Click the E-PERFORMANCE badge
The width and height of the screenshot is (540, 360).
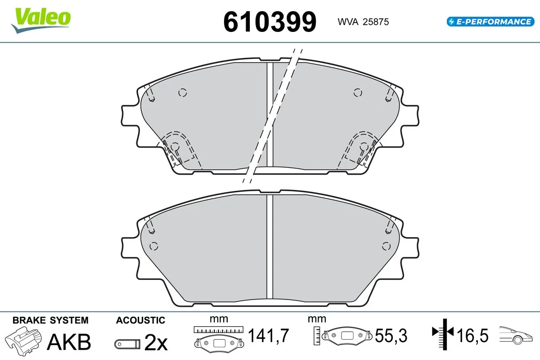[x=489, y=21]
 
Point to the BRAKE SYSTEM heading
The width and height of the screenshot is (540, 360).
[x=50, y=320]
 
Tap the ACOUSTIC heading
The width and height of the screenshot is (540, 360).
[x=140, y=320]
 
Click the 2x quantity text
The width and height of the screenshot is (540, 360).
[x=156, y=343]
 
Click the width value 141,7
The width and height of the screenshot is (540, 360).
[x=268, y=335]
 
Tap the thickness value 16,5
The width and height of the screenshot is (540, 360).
[x=473, y=335]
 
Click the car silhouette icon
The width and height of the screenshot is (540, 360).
[x=517, y=335]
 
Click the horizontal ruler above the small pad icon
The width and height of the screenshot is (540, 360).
[x=218, y=329]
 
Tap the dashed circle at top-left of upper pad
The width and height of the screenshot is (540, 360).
[x=182, y=93]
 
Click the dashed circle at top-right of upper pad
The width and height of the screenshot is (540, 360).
[x=357, y=93]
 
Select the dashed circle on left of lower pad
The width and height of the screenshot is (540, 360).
[x=153, y=246]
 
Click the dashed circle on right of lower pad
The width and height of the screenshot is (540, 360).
[x=386, y=246]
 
